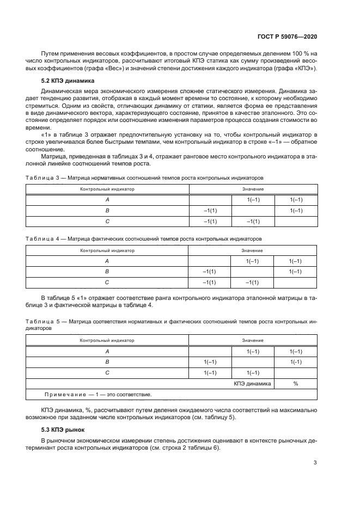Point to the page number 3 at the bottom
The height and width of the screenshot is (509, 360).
coord(315,463)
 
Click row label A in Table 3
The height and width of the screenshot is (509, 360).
coord(107,199)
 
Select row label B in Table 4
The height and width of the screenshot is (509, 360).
coord(107,271)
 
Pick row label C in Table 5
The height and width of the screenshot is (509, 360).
coord(107,372)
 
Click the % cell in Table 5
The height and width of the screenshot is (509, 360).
coord(295,383)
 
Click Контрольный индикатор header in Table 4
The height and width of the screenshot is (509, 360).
coord(107,250)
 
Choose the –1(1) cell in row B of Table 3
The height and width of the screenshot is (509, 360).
coord(210,210)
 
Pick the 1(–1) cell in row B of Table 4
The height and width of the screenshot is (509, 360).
coord(295,271)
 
